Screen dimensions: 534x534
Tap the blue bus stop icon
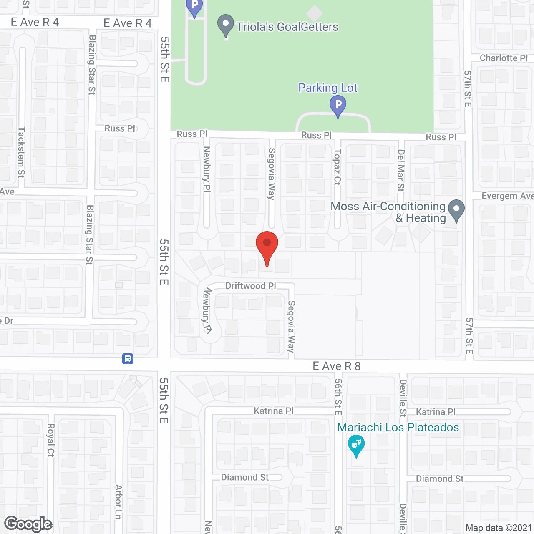pos(128,359)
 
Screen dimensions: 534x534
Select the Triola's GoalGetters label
pos(287,27)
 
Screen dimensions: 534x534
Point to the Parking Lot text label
pos(327,88)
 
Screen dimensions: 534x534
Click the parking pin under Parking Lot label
pos(338,106)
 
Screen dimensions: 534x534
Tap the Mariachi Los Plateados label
pos(398,427)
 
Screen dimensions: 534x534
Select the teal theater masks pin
pos(356,445)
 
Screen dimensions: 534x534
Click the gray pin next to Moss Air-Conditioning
pos(456,209)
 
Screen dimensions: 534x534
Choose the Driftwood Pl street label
pos(251,286)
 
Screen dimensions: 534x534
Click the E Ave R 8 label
pos(337,366)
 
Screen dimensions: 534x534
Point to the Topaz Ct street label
pos(338,167)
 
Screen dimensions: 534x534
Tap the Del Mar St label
pos(401,170)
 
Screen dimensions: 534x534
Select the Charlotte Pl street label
pos(504,58)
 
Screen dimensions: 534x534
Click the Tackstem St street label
pos(21,152)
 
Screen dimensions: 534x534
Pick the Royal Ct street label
pos(50,440)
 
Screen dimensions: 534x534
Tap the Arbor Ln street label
pos(118,502)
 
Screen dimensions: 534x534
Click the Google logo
pos(28,524)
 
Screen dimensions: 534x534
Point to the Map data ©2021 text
pos(499,528)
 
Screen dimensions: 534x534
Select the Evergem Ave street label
pos(507,196)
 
